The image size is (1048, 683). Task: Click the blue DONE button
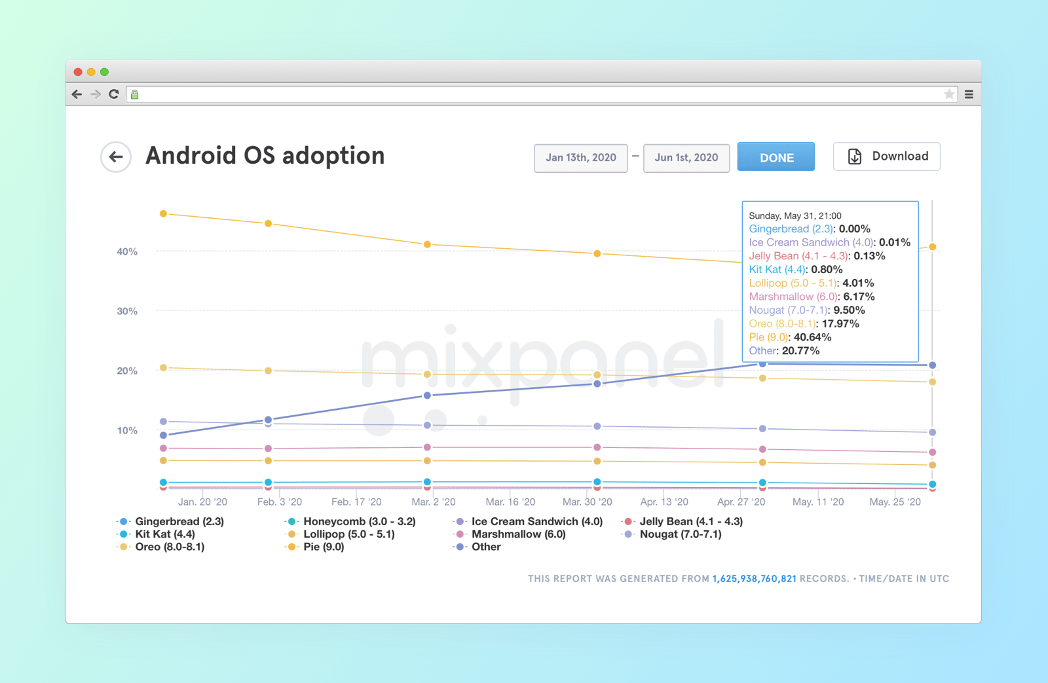point(776,157)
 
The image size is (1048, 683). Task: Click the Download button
point(887,157)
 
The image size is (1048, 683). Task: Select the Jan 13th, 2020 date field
point(581,158)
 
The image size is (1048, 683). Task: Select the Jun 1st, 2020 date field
point(686,158)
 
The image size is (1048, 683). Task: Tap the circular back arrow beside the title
point(116,157)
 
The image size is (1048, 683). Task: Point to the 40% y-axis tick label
point(127,251)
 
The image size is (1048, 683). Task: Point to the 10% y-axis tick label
point(127,430)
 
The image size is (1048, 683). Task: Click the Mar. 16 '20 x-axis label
point(510,502)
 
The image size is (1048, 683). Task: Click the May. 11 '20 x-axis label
point(818,502)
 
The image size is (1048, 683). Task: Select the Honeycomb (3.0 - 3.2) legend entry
point(359,521)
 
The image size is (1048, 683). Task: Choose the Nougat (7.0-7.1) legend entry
point(680,534)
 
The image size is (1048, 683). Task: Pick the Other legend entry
point(485,547)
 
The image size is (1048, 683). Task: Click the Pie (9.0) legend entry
point(323,547)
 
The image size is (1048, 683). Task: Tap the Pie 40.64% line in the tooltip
point(790,337)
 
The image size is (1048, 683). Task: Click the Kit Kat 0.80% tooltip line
point(795,269)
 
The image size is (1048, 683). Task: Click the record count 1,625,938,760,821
point(754,579)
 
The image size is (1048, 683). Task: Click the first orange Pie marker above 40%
point(164,213)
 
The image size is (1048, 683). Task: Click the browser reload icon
point(114,94)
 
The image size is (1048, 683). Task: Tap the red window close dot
point(78,72)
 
